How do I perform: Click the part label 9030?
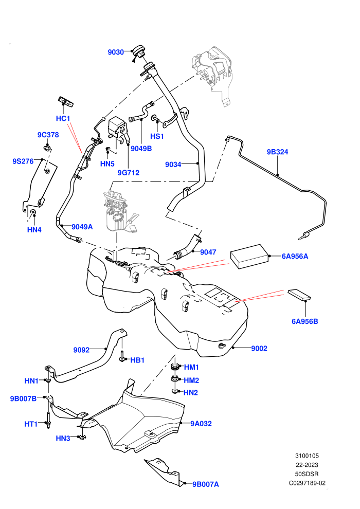pos(116,52)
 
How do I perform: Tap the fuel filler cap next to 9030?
pos(139,52)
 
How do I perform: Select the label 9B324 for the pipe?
pos(277,152)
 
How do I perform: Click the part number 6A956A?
pos(295,256)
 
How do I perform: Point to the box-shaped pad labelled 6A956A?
pos(249,257)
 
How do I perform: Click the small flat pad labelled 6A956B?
pos(299,295)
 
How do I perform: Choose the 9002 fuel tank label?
pos(259,349)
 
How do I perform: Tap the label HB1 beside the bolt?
pos(137,360)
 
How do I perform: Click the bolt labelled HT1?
pos(48,421)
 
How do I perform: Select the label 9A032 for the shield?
pos(201,424)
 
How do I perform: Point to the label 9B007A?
pos(206,484)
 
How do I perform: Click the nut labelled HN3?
pos(82,437)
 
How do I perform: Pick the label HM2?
pos(191,380)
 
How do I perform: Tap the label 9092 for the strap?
pos(81,350)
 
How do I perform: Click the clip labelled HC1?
pos(65,101)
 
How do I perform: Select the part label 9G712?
pos(129,173)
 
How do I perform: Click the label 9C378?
pos(48,135)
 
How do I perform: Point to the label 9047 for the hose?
pos(208,252)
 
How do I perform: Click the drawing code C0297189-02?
pos(307,483)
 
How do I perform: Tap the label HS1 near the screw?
pos(157,136)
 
